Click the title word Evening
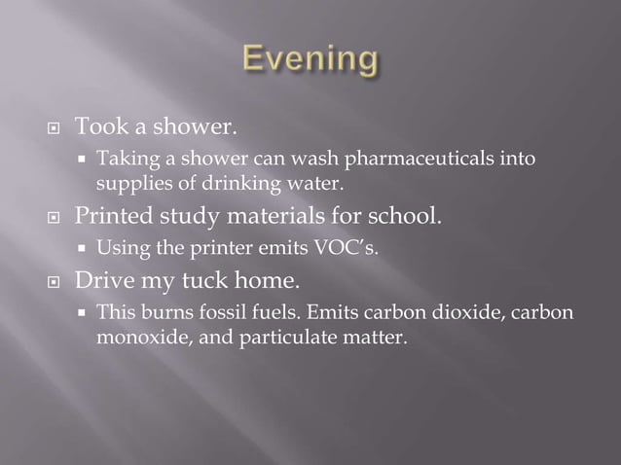click(310, 60)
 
